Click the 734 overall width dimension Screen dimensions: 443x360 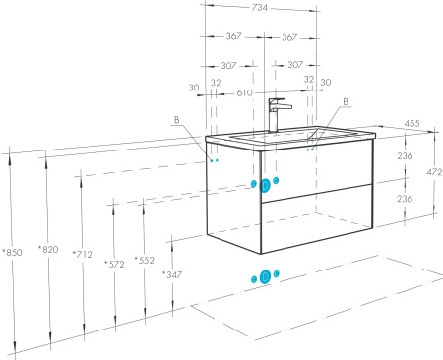click(260, 7)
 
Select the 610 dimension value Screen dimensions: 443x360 click(244, 93)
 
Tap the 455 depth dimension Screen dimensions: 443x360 click(411, 123)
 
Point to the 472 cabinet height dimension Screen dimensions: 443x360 click(434, 172)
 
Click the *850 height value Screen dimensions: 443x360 click(12, 252)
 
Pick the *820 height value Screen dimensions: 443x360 click(48, 250)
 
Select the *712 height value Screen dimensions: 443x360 click(82, 254)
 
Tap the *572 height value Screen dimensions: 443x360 click(114, 264)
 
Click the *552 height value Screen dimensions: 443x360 click(144, 260)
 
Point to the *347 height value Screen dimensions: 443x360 click(172, 274)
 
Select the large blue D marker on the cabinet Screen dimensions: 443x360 click(265, 186)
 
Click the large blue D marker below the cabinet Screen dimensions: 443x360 click(265, 277)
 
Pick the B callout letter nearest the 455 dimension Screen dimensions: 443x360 click(346, 101)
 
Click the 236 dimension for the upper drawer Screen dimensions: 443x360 click(405, 155)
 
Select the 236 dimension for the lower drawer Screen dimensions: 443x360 click(405, 199)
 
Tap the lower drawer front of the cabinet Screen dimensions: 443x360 click(317, 219)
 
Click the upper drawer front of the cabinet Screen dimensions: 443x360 click(317, 170)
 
